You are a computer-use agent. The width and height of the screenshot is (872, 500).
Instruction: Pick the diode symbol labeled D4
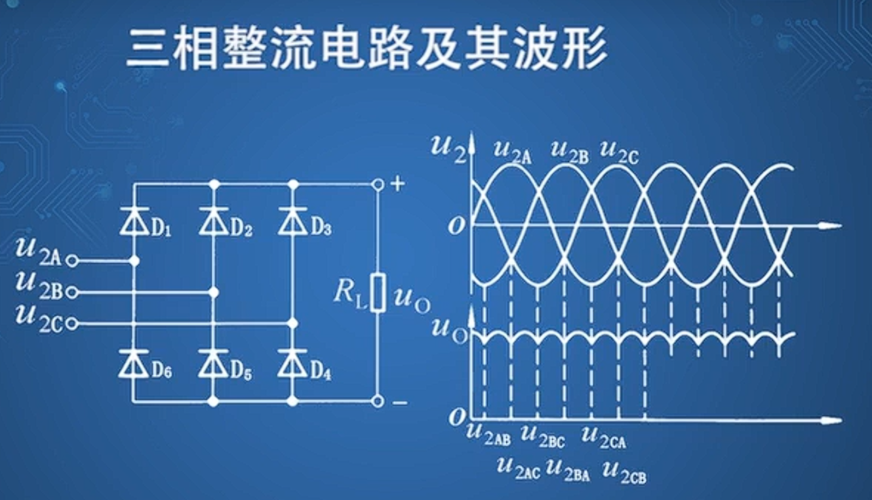(292, 364)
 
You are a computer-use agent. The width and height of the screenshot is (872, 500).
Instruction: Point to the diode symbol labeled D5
(213, 364)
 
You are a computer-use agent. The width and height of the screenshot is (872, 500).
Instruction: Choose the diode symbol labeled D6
(134, 364)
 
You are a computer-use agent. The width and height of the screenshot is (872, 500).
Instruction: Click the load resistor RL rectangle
(377, 293)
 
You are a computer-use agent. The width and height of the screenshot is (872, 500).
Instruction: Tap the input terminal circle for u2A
(72, 261)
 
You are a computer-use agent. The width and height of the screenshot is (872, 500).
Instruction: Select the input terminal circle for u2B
(72, 292)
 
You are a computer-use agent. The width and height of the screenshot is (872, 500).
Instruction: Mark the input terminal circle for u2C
(72, 323)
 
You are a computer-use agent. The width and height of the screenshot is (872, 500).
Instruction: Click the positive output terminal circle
(377, 185)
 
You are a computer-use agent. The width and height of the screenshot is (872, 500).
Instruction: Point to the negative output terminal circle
(377, 400)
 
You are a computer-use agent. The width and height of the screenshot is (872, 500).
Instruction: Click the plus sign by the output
(397, 184)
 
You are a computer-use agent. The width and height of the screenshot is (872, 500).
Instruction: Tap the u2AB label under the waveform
(488, 434)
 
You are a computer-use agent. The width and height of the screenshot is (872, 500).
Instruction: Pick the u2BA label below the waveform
(568, 470)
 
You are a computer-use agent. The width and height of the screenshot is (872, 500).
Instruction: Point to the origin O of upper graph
(457, 226)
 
